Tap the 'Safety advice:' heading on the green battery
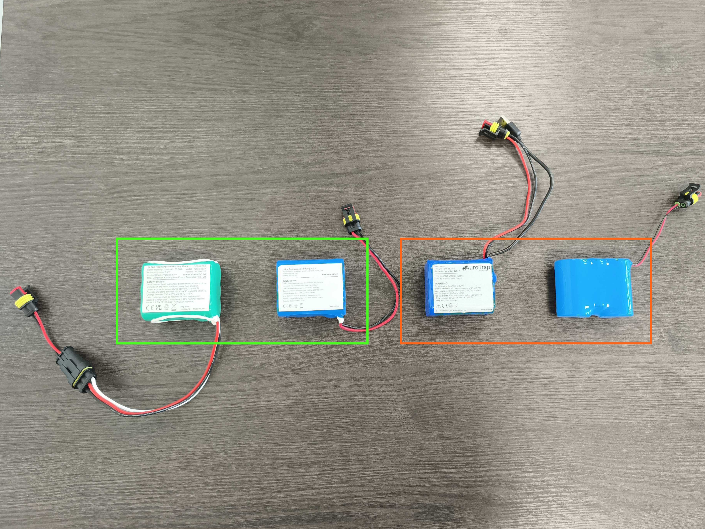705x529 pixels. [x=156, y=282]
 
